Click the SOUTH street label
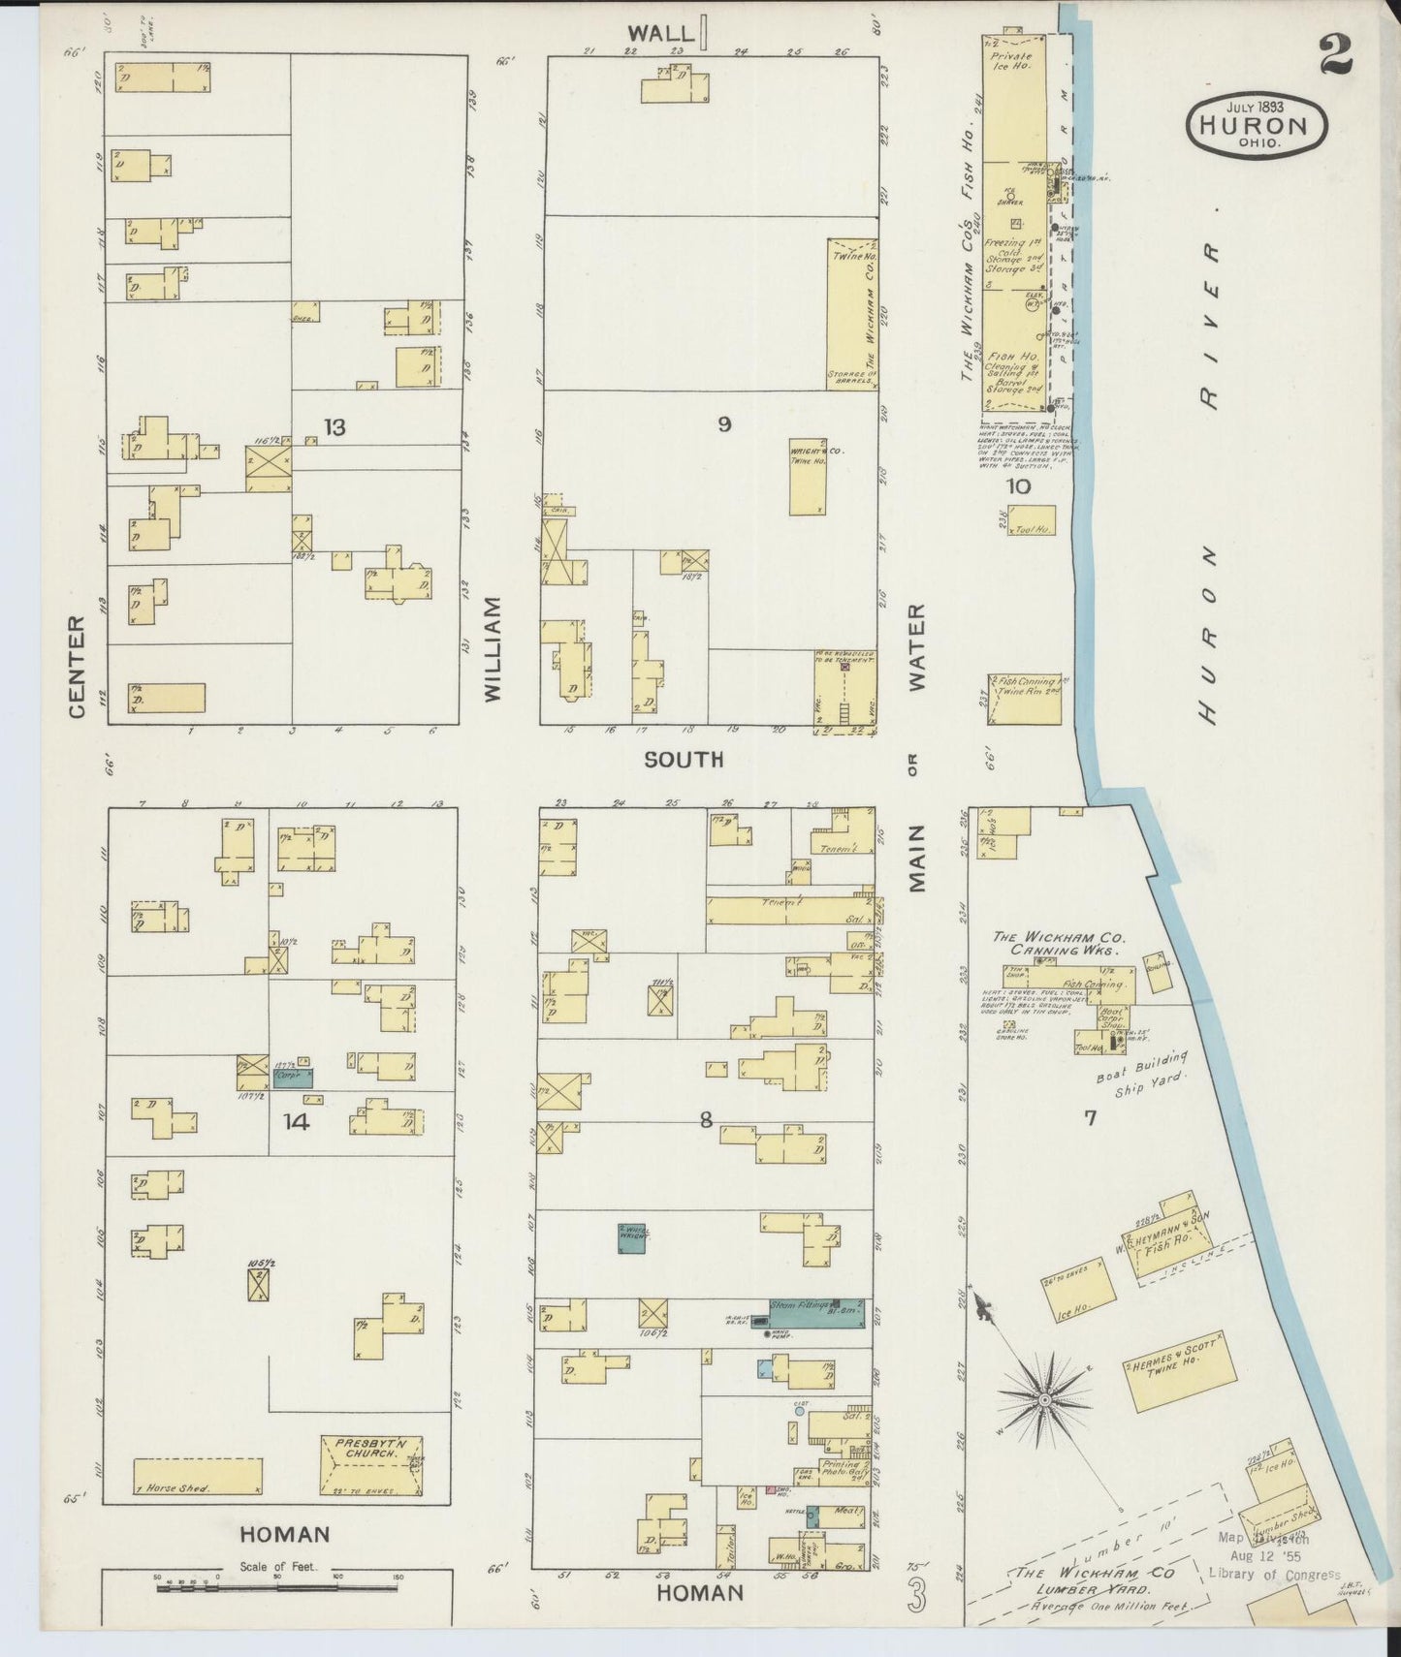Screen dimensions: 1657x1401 pos(685,759)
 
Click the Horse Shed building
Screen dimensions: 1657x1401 pos(198,1476)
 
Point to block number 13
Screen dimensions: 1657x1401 pos(334,426)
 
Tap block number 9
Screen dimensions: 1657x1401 pos(723,423)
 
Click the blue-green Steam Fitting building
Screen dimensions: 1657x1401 pos(815,1310)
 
